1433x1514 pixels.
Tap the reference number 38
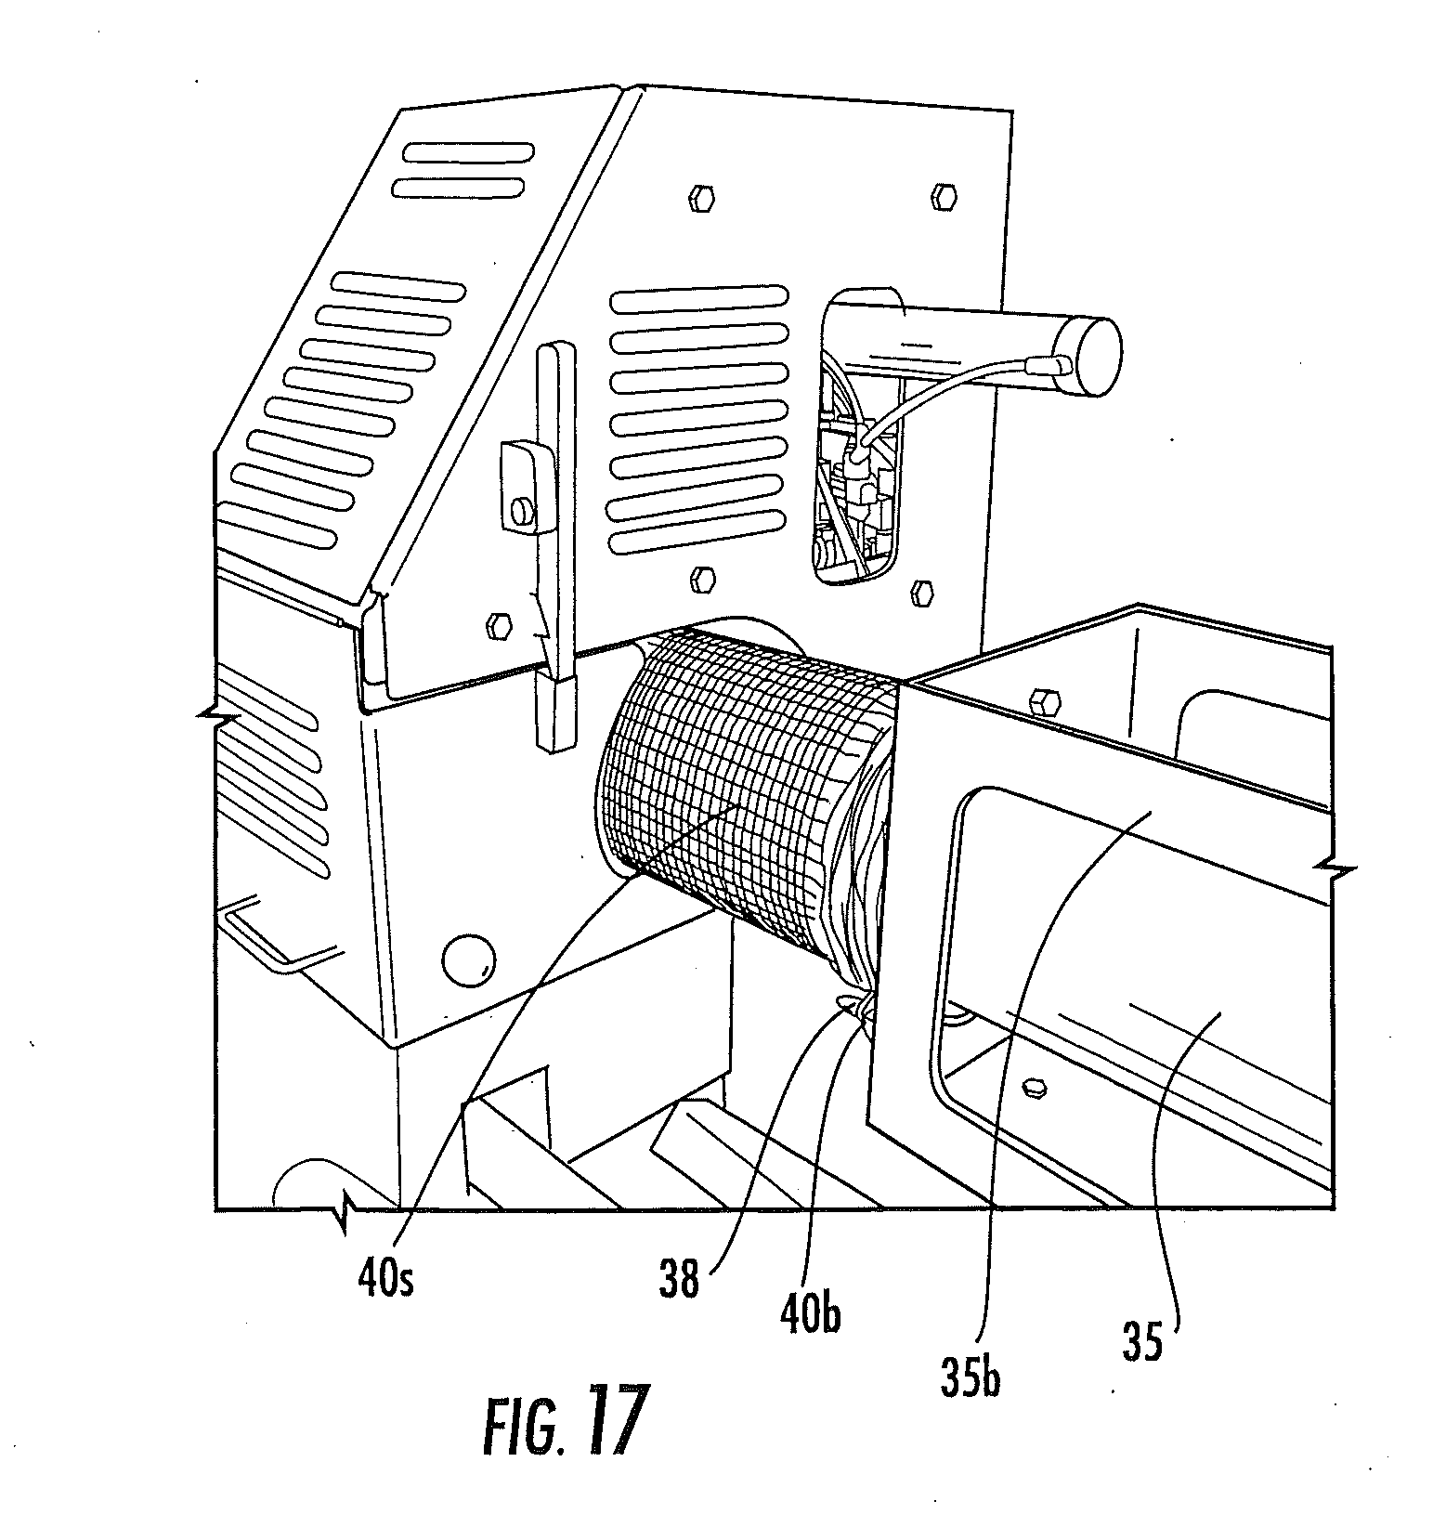[x=680, y=1281]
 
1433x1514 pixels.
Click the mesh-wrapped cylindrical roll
[x=734, y=790]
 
